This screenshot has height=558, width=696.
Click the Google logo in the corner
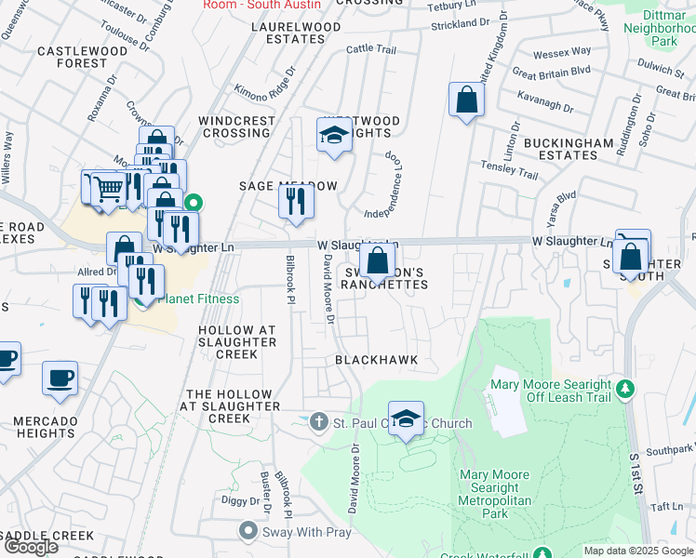click(x=31, y=547)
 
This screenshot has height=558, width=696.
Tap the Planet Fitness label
click(x=198, y=299)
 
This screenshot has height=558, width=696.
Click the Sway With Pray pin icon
click(x=248, y=530)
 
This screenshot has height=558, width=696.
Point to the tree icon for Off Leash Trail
click(x=626, y=387)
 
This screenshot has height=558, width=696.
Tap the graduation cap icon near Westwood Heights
click(x=333, y=136)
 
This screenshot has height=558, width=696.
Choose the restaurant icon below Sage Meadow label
click(x=296, y=201)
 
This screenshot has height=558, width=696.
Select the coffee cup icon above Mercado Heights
click(x=60, y=378)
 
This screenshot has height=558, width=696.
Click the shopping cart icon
click(x=109, y=189)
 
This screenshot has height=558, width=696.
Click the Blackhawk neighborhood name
click(x=377, y=359)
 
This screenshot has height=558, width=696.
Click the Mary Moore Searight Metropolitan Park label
click(x=496, y=494)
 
